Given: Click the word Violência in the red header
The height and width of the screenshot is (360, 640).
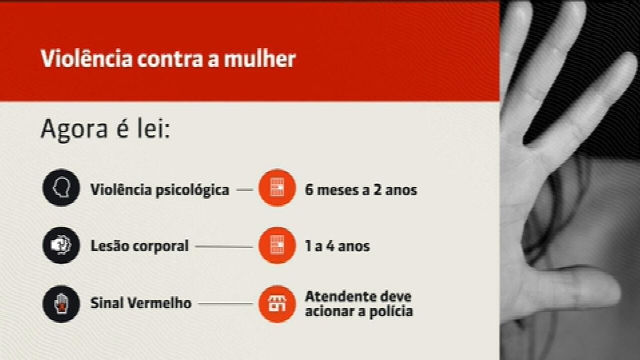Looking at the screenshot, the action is [x=87, y=59].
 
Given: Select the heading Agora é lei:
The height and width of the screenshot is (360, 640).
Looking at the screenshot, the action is [x=106, y=129].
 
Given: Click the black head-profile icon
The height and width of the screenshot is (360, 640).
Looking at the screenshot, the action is [x=61, y=188].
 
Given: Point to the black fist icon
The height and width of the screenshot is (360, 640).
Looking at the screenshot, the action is [x=61, y=245].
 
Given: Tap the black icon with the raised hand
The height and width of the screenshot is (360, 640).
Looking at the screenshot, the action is [x=61, y=304].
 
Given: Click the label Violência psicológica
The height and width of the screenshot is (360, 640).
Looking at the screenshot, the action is [x=159, y=190].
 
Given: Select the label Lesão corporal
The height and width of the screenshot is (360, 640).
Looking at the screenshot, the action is [x=139, y=246].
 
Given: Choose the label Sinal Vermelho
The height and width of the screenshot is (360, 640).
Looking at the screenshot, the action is [x=141, y=303].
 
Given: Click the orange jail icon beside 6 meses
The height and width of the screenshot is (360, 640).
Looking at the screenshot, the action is [x=277, y=188].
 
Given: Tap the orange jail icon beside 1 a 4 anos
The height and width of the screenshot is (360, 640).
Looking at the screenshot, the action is [x=277, y=245].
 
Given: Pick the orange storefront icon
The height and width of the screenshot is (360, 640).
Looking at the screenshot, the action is [x=277, y=304].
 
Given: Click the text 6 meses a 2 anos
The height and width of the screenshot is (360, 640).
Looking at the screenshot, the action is [x=361, y=190].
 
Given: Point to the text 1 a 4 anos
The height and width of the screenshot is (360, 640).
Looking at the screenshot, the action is [x=338, y=246].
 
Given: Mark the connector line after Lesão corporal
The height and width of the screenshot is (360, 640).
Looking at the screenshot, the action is [x=224, y=246].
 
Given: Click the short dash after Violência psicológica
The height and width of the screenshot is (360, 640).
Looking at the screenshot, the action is [x=245, y=189].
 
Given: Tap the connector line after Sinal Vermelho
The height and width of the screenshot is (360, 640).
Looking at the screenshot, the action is [x=226, y=303].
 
